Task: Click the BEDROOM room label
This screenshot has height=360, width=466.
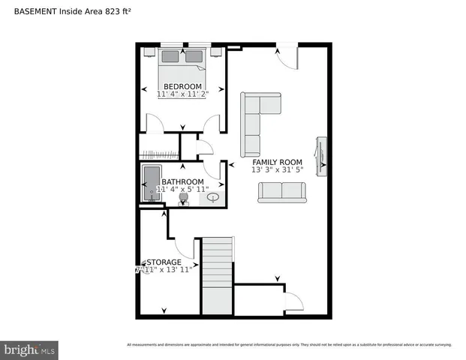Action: click(183, 86)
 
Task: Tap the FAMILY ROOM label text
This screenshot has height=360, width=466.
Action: click(277, 162)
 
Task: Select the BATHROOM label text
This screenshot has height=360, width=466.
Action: click(183, 182)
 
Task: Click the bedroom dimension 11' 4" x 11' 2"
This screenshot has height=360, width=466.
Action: click(183, 95)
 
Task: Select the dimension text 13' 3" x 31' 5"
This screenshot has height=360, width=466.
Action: click(277, 170)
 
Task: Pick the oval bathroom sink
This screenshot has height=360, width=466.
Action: click(215, 198)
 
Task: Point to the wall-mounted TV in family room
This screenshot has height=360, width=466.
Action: click(321, 156)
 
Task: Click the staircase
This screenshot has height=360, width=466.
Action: click(217, 275)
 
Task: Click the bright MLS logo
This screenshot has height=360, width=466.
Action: click(30, 349)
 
